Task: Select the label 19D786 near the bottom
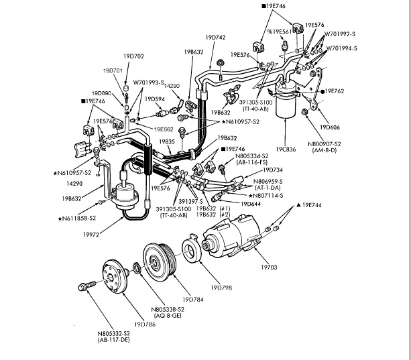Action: click(x=144, y=324)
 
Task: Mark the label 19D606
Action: click(x=331, y=125)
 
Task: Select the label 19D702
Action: click(x=134, y=56)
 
